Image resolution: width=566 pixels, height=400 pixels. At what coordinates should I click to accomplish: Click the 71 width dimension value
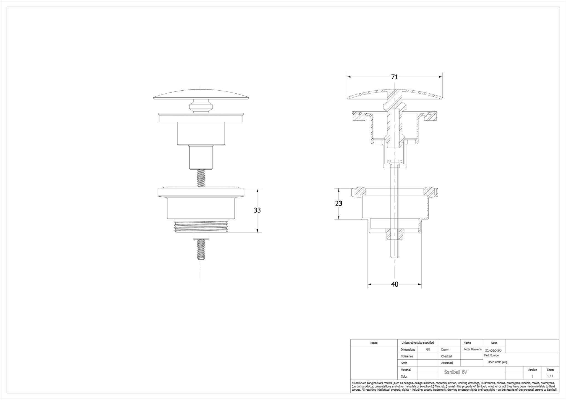pyautogui.click(x=395, y=77)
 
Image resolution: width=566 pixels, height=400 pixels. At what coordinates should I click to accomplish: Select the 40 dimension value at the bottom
pyautogui.click(x=395, y=284)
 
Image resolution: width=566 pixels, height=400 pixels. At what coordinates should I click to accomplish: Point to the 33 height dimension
pyautogui.click(x=257, y=210)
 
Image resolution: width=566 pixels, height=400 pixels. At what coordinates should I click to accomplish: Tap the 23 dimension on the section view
pyautogui.click(x=339, y=204)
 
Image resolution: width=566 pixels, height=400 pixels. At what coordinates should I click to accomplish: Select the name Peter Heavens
pyautogui.click(x=473, y=349)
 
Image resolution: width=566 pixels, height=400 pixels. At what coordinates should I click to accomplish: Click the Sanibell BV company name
pyautogui.click(x=456, y=372)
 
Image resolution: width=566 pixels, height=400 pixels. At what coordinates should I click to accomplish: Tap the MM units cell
pyautogui.click(x=428, y=350)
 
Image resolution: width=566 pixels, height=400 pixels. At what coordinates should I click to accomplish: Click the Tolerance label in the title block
pyautogui.click(x=407, y=356)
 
